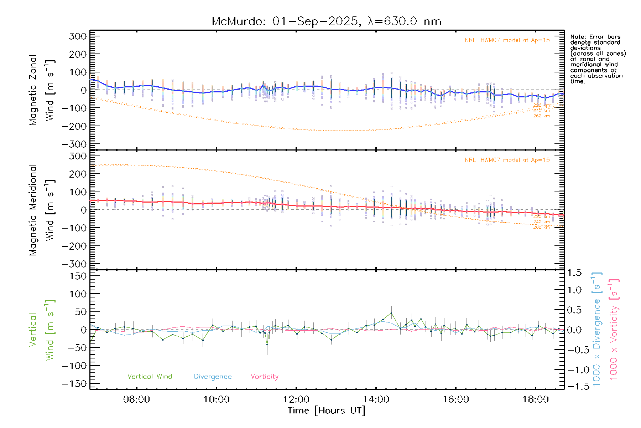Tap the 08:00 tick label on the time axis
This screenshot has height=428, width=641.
pos(136,399)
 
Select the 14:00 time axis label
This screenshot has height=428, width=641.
pos(376,399)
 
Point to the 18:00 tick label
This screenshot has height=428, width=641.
pos(536,399)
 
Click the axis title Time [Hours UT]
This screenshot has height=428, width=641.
pos(327,411)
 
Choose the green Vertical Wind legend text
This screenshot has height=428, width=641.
pos(150,376)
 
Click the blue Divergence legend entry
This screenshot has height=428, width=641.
pos(213,377)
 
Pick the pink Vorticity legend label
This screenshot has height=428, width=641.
pos(264,376)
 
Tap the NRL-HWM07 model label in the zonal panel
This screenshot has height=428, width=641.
pos(507,40)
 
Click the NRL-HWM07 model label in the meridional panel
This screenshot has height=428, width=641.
pos(507,160)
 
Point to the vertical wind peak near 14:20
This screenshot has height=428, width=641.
pos(391,313)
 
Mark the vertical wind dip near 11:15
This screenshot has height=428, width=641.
pos(267,345)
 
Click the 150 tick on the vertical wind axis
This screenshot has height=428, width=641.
pos(78,276)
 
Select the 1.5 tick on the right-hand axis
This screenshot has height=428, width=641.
pos(574,273)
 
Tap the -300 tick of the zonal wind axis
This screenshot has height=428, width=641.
pos(74,144)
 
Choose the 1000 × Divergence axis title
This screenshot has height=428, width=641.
pos(597,329)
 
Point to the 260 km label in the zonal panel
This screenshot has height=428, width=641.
pos(541,116)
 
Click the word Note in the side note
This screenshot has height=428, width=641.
pos(577,37)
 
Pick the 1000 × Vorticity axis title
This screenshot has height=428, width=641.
pos(614,329)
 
